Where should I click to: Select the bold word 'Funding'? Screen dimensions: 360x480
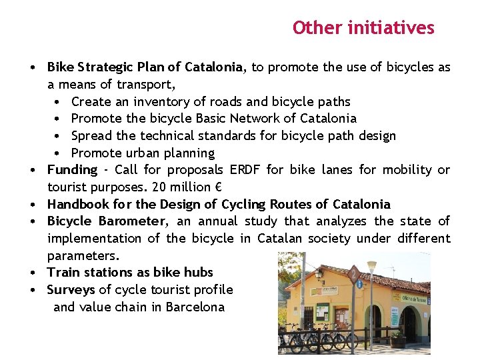point(72,170)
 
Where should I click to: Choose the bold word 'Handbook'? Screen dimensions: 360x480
point(76,204)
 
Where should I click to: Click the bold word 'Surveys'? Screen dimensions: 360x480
point(71,290)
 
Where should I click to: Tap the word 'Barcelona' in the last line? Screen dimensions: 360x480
point(195,307)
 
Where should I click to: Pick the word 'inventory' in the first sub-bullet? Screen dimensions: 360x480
point(160,102)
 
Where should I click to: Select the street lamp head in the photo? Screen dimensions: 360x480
point(371,265)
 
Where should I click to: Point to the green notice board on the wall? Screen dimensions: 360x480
point(323,311)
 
